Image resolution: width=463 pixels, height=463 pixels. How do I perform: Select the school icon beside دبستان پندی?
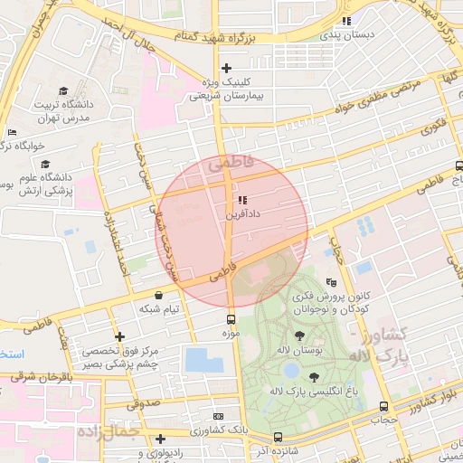coord(346,22)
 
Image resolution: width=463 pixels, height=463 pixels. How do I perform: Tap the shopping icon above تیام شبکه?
coord(159,295)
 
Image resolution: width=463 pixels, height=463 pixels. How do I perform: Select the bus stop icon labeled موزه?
coord(231,319)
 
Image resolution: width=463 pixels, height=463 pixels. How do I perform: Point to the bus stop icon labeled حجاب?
coord(384,407)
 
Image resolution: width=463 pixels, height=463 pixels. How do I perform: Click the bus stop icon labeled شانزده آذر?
coord(278,438)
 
